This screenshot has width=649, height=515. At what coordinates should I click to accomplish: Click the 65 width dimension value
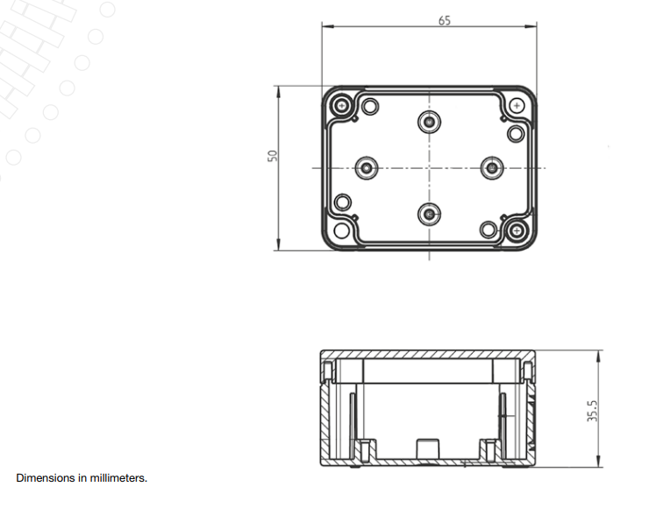[444, 21]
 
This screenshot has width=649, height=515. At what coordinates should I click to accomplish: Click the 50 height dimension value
[273, 156]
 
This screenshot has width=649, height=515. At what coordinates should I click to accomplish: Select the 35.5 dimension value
[592, 411]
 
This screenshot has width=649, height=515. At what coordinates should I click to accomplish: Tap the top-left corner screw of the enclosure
[341, 105]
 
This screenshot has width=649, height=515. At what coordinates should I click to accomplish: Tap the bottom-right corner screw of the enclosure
[517, 230]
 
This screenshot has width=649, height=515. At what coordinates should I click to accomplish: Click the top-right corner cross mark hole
[517, 106]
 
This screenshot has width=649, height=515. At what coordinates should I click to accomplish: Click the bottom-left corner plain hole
[341, 230]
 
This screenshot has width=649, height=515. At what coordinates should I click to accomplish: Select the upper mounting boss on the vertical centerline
[429, 122]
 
